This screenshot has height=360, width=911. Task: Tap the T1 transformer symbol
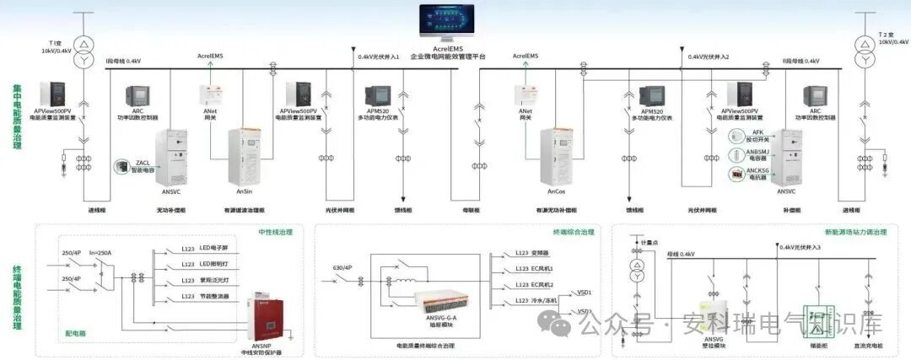83,51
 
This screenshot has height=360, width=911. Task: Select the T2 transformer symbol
864,51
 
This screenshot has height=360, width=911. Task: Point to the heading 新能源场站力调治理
855,231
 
